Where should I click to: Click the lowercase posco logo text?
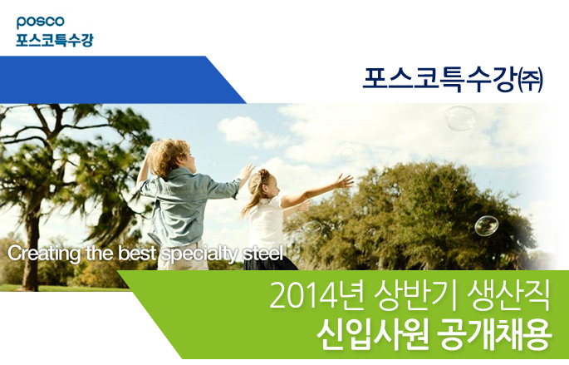(x=40, y=22)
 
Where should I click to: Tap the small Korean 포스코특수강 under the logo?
(x=55, y=40)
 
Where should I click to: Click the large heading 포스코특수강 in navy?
(x=438, y=80)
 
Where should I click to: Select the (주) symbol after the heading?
(x=529, y=81)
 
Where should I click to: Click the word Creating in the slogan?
(x=44, y=253)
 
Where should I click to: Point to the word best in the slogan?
(x=137, y=253)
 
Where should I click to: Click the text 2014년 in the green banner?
(x=316, y=295)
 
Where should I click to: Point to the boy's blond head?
(x=169, y=157)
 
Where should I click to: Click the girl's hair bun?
(x=263, y=175)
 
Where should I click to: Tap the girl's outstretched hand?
(x=345, y=180)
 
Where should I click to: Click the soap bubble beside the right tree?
(x=486, y=225)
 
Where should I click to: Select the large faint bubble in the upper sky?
(x=461, y=118)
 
